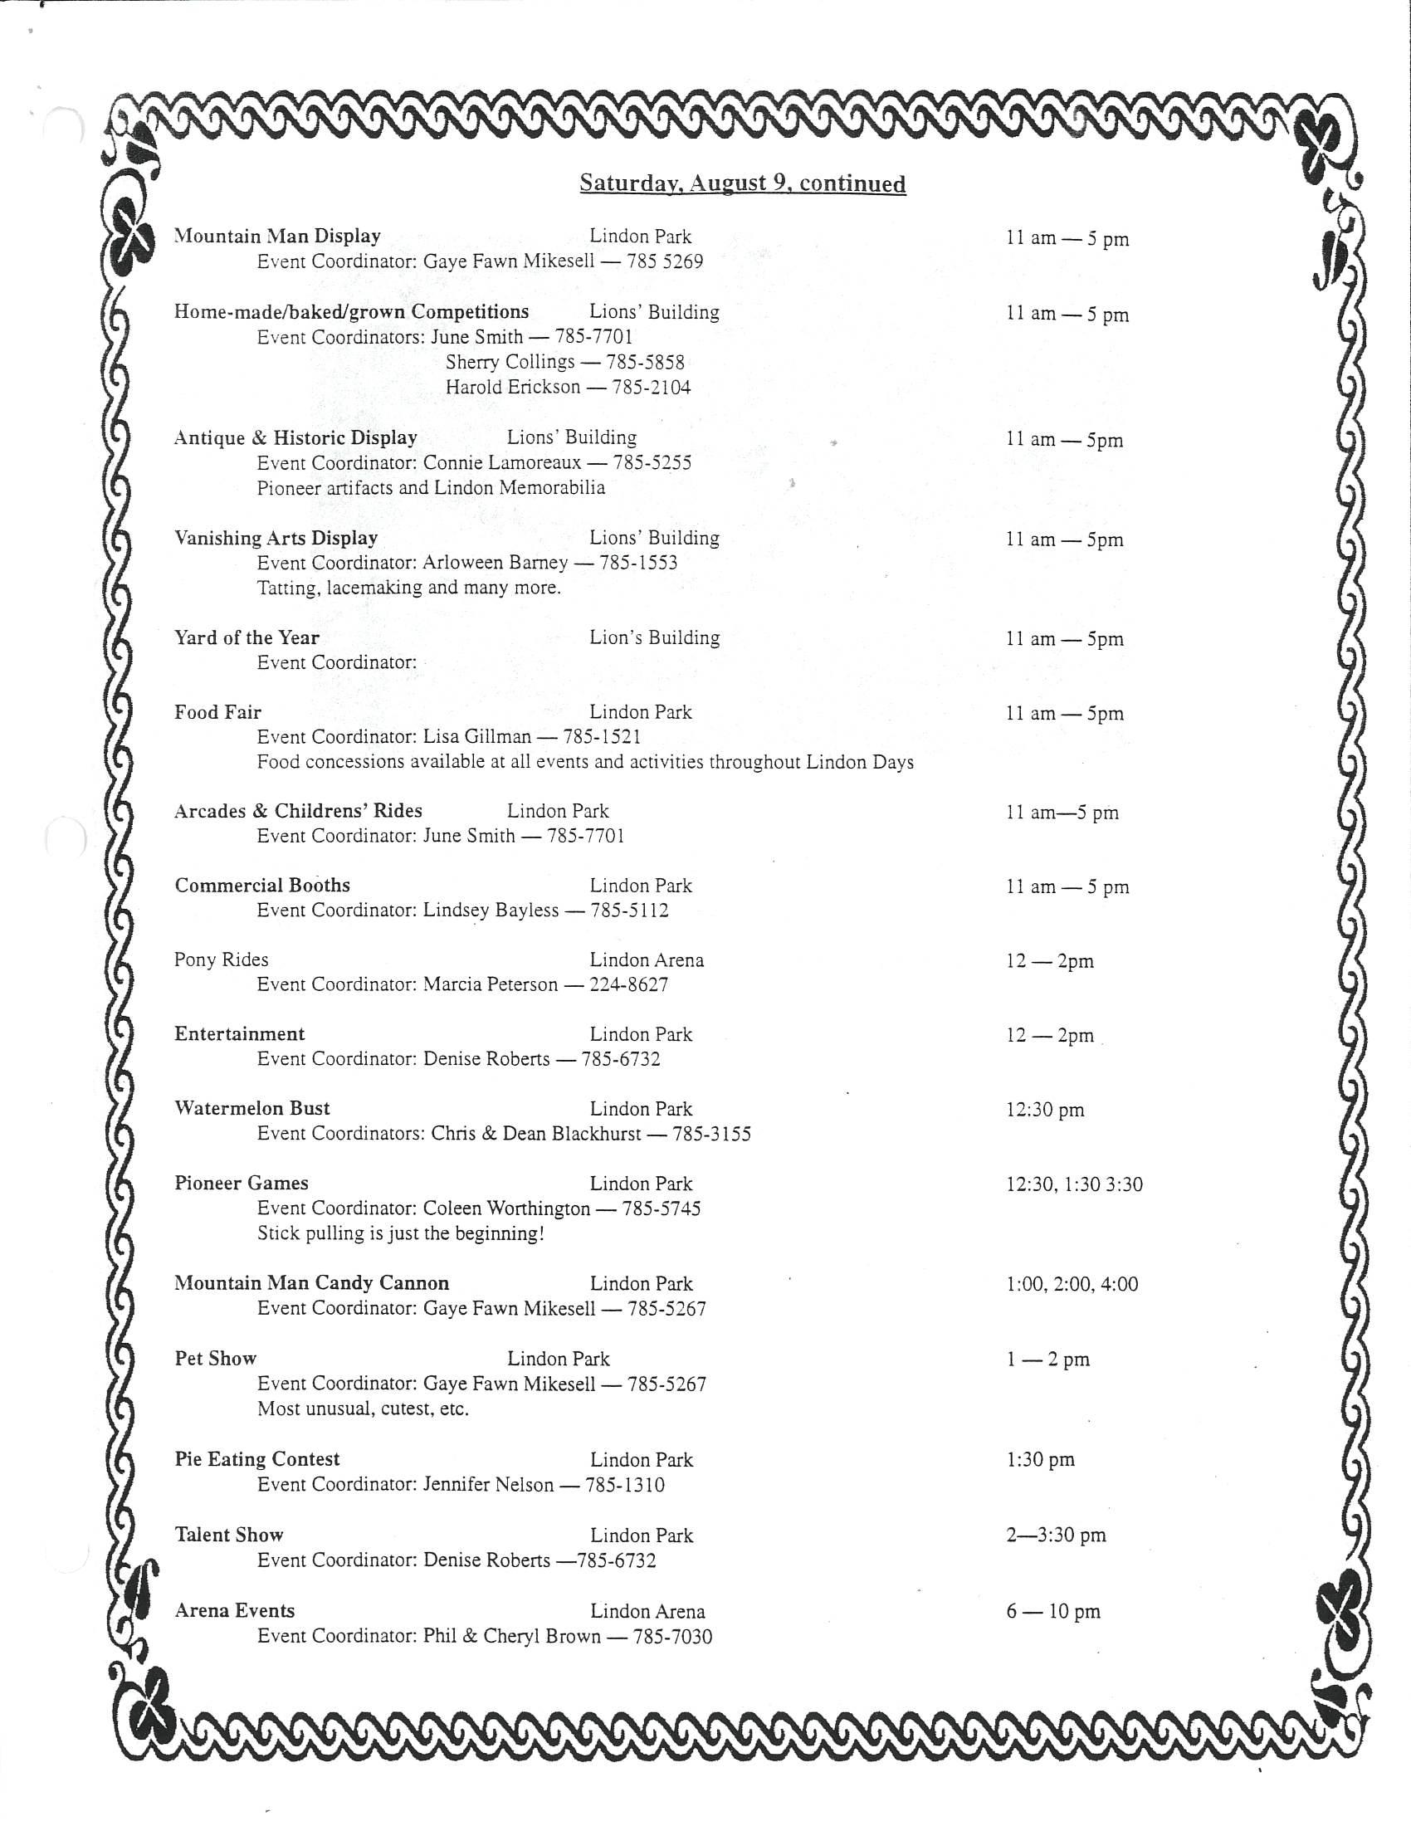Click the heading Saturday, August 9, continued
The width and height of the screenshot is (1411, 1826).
[742, 183]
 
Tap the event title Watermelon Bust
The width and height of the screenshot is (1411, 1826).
[251, 1109]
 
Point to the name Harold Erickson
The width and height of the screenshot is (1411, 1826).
[512, 387]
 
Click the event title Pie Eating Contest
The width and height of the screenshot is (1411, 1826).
[256, 1459]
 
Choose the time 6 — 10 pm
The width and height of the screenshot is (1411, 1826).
[1053, 1611]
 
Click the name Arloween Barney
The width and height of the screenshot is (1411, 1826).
[495, 563]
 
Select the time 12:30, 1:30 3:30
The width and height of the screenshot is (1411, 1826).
[1074, 1184]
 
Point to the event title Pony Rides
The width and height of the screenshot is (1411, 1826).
[221, 959]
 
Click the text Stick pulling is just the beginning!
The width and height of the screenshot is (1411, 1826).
[400, 1233]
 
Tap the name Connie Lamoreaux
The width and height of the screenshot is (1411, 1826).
[501, 462]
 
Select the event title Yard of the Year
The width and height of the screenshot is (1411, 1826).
[247, 638]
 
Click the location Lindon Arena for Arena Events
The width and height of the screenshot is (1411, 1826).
[647, 1611]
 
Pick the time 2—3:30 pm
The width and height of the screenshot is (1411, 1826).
[1056, 1535]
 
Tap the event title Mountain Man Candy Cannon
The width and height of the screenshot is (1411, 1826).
[312, 1283]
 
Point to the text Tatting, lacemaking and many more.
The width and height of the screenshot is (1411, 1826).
[408, 588]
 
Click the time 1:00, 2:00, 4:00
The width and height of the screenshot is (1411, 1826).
[1072, 1283]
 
